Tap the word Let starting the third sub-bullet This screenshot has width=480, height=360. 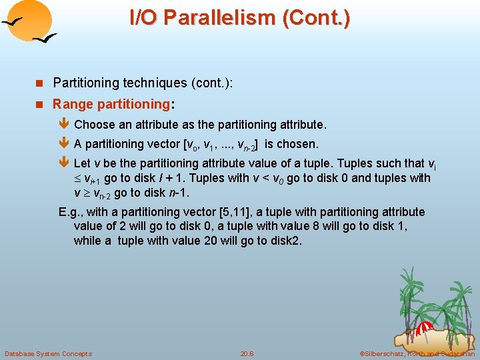pos(83,163)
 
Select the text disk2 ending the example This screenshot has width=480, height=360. pos(287,241)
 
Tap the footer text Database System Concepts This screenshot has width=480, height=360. pos(48,353)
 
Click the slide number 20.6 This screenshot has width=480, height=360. pos(247,353)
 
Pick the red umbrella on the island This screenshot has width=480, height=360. pos(424,328)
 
